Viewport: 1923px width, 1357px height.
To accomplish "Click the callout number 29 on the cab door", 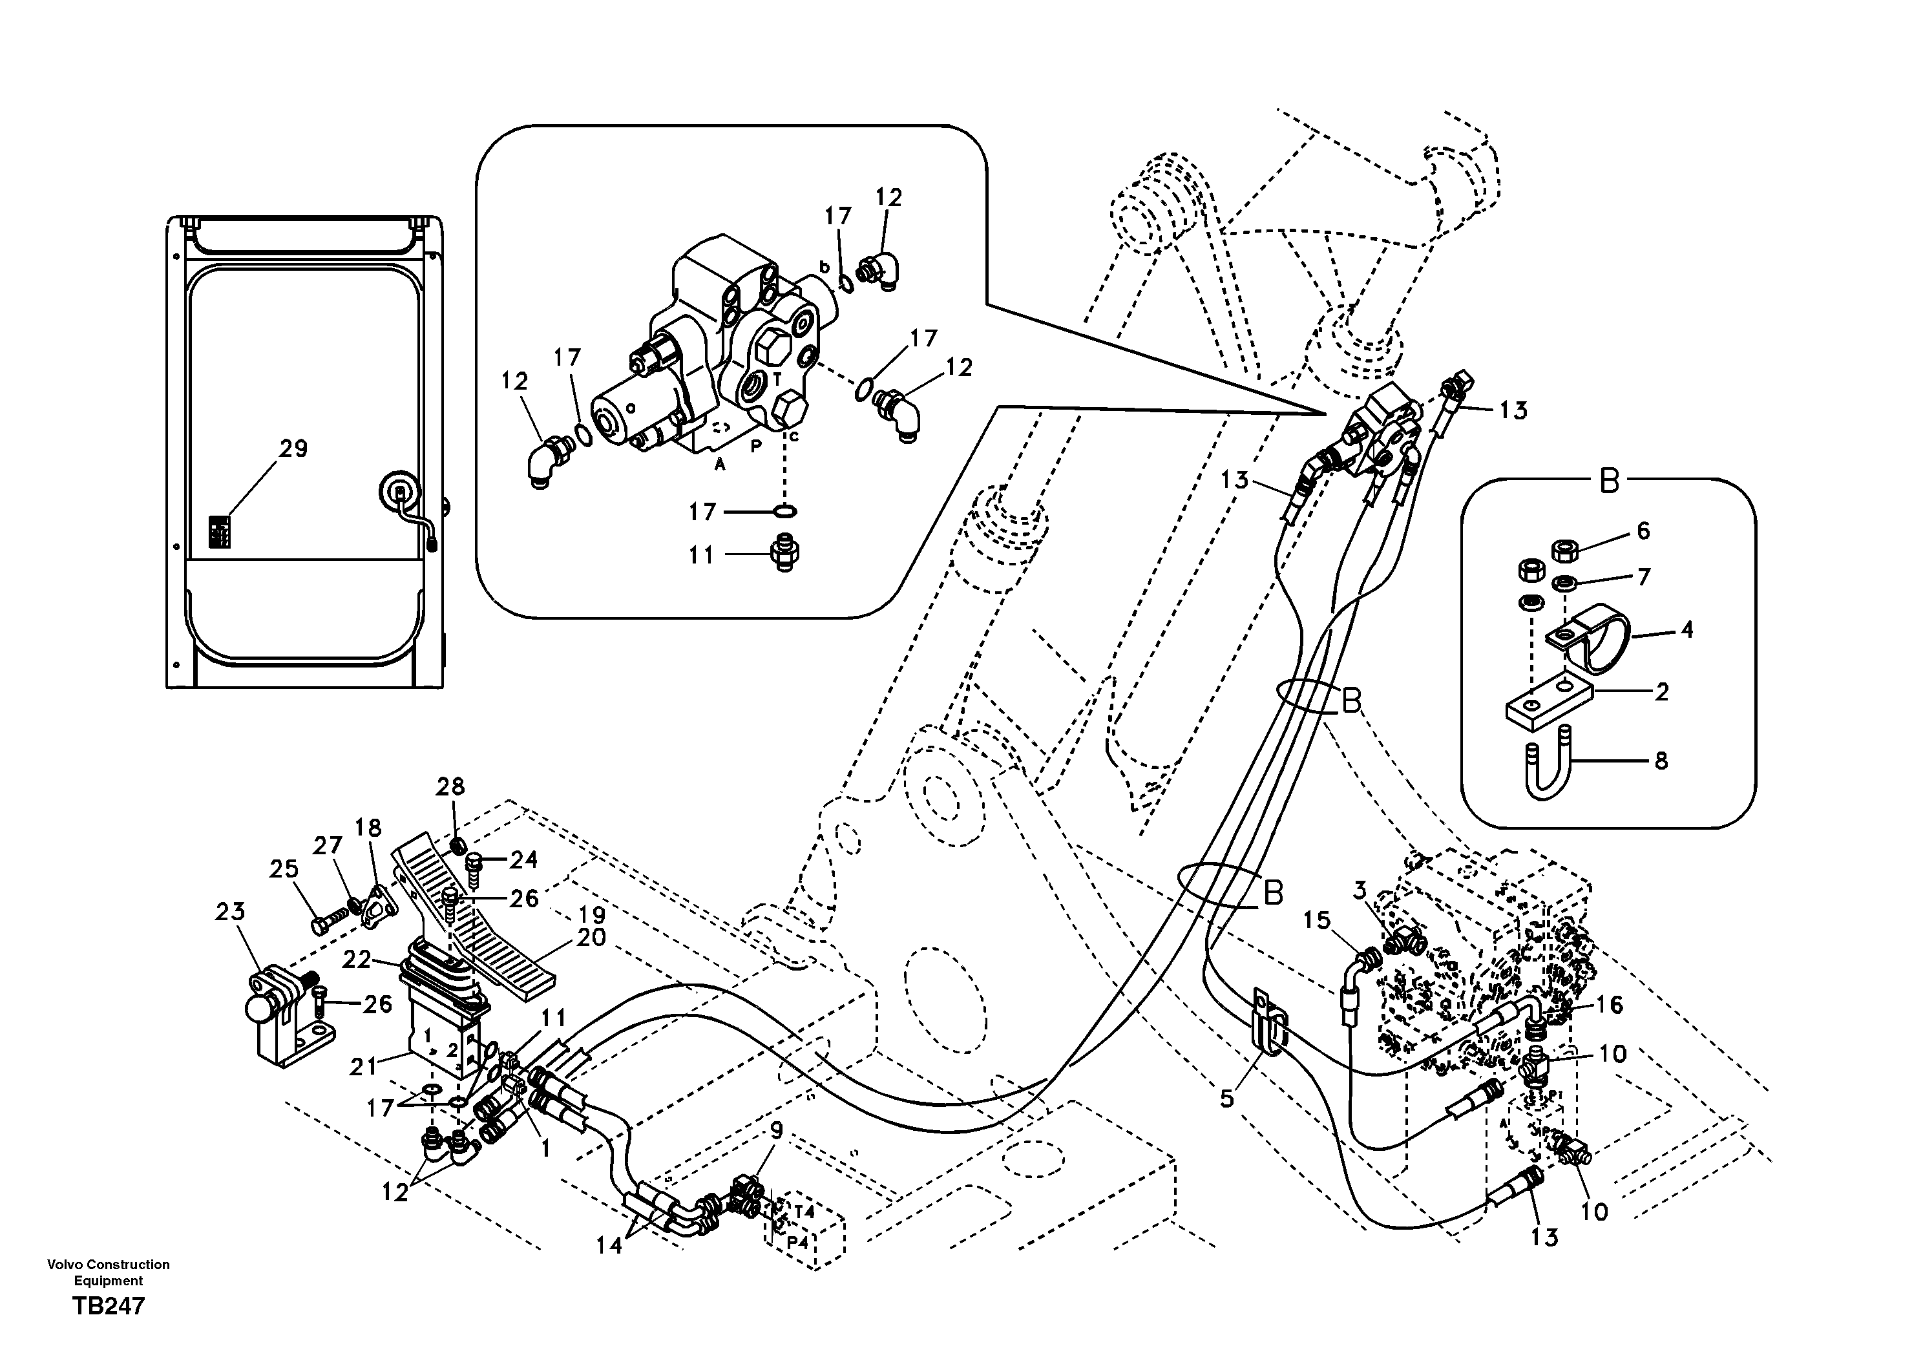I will click(293, 449).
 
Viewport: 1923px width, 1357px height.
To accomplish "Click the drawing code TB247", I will click(109, 1305).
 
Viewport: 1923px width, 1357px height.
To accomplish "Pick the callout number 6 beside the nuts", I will click(1643, 531).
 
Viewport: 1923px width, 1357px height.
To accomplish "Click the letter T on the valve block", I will click(777, 379).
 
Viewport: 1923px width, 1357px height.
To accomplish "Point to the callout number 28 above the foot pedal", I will click(450, 786).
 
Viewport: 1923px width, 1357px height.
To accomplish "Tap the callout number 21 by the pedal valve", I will click(364, 1066).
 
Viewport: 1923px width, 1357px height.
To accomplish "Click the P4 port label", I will click(797, 1243).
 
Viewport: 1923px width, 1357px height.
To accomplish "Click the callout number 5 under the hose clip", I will click(1226, 1098).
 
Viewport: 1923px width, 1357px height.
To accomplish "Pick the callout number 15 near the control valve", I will click(1317, 921).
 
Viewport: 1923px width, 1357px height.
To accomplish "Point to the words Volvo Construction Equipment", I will click(109, 1272).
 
